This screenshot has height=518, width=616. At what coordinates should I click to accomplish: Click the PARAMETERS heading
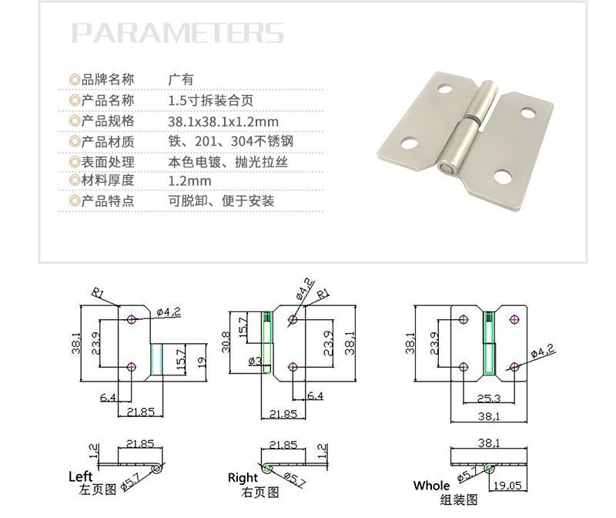pyautogui.click(x=178, y=33)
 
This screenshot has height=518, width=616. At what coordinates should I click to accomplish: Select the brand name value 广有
pyautogui.click(x=180, y=79)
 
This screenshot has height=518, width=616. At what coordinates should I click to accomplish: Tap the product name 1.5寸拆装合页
pyautogui.click(x=210, y=100)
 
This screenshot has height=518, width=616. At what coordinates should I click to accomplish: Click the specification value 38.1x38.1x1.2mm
pyautogui.click(x=223, y=121)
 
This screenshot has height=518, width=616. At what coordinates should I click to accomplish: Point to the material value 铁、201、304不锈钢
pyautogui.click(x=230, y=142)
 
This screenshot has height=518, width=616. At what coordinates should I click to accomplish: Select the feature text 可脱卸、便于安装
pyautogui.click(x=221, y=201)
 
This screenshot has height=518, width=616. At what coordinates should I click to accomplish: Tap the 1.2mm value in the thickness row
pyautogui.click(x=189, y=181)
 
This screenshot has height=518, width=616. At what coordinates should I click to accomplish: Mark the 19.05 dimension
pyautogui.click(x=507, y=486)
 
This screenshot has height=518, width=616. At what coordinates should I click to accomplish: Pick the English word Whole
pyautogui.click(x=431, y=486)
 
